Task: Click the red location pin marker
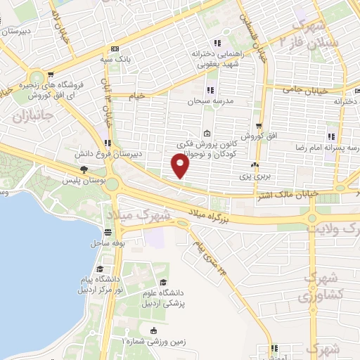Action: click(x=181, y=165)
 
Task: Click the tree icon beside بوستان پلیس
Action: click(x=84, y=169)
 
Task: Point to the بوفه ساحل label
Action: click(x=107, y=243)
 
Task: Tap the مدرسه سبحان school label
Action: click(x=204, y=101)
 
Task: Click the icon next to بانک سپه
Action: click(x=115, y=49)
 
